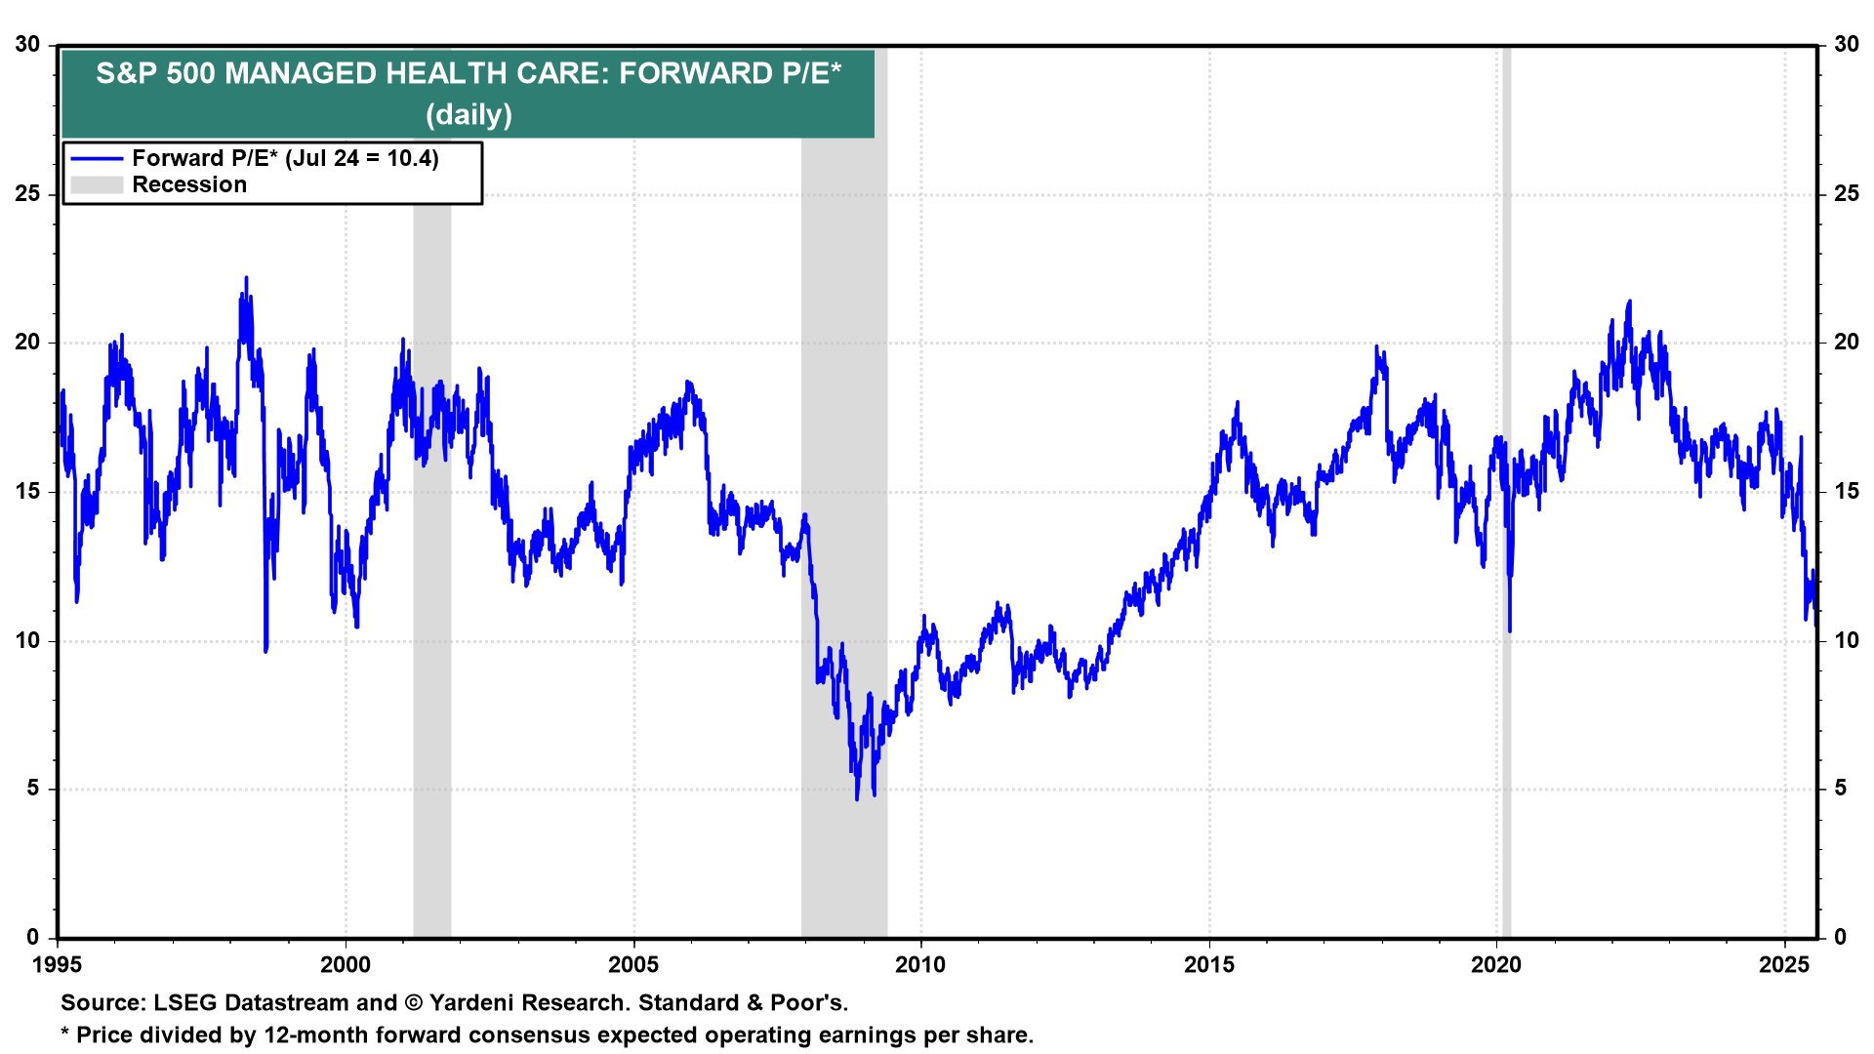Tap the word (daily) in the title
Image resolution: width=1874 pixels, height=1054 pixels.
pyautogui.click(x=468, y=114)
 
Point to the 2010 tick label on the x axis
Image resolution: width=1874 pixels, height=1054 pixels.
pyautogui.click(x=920, y=965)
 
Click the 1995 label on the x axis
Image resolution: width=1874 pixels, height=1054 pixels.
pyautogui.click(x=58, y=965)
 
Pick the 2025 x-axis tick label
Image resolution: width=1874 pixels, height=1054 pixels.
pyautogui.click(x=1783, y=965)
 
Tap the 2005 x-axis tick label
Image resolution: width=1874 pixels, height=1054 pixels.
pyautogui.click(x=633, y=965)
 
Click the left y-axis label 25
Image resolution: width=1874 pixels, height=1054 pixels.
pyautogui.click(x=27, y=193)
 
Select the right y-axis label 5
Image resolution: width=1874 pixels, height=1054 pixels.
pyautogui.click(x=1840, y=788)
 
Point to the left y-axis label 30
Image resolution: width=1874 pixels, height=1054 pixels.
pyautogui.click(x=27, y=44)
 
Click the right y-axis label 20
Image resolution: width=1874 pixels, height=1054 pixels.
pyautogui.click(x=1846, y=342)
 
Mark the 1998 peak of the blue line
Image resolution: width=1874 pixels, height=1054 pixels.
pyautogui.click(x=246, y=278)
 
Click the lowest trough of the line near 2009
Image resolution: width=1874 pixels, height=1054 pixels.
pyautogui.click(x=857, y=799)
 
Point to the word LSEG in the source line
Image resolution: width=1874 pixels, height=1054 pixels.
pyautogui.click(x=184, y=1002)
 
